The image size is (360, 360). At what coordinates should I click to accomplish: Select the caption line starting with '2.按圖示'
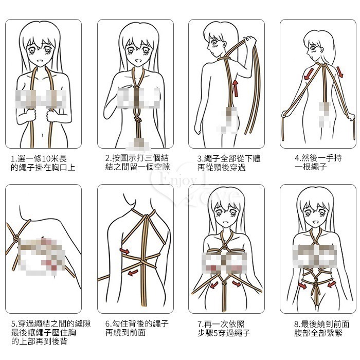pos(137,158)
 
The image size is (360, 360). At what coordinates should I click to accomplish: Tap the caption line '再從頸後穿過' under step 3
pos(222,167)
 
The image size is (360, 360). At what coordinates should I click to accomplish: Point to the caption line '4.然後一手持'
pos(318,158)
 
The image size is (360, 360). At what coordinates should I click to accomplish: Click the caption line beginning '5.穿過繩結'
pos(51,323)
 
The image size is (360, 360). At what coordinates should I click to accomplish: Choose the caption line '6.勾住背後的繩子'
pos(137,323)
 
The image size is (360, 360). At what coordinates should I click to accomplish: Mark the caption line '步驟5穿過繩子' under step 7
pos(224,333)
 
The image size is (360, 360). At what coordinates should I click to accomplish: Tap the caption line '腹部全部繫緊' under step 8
pos(318,333)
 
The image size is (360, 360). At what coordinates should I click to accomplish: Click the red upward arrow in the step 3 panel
pos(236,88)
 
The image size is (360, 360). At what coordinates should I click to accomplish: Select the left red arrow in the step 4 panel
pos(308,74)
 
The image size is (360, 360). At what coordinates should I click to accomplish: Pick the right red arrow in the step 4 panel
pos(340,71)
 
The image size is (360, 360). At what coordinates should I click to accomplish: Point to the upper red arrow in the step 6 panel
pos(124,251)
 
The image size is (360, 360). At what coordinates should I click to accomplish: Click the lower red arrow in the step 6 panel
pos(133,273)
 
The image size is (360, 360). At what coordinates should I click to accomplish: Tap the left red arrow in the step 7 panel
pos(214,285)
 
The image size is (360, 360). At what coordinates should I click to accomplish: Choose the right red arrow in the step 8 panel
pos(332,285)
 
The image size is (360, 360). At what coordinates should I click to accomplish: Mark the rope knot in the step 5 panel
pos(15,238)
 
